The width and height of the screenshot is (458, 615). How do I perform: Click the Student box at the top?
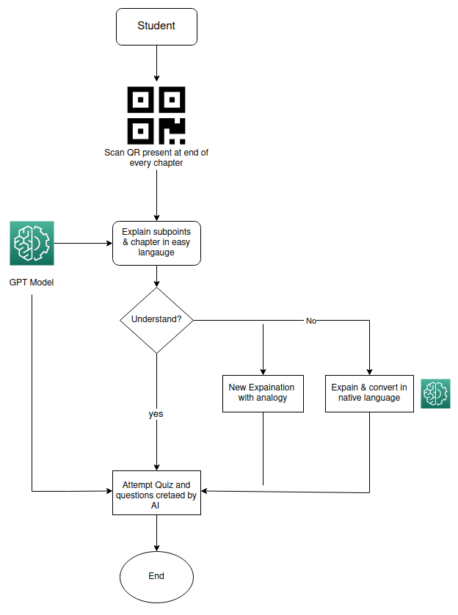(156, 26)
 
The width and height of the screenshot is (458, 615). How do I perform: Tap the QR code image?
(156, 115)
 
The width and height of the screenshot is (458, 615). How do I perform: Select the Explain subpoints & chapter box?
(156, 242)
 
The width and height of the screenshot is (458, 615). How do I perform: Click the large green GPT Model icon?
(32, 243)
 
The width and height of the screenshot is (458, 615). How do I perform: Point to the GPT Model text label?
(32, 283)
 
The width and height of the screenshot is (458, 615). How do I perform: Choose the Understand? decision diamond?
(156, 320)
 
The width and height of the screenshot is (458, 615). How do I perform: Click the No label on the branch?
(311, 321)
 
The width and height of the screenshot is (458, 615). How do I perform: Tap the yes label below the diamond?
(156, 414)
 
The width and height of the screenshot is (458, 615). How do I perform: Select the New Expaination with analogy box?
(263, 393)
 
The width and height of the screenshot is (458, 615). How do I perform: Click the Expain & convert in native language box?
(369, 393)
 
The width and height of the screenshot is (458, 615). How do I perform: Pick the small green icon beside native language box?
(435, 393)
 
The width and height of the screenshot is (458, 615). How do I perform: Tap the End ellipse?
(156, 576)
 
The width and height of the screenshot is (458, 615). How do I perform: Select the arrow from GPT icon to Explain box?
(82, 243)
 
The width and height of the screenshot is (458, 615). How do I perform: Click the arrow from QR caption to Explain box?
(156, 194)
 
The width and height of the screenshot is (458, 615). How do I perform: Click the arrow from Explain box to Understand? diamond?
(156, 276)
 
